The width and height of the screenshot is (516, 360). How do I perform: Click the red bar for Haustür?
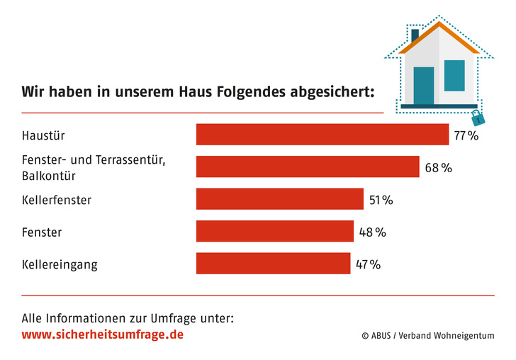(x=322, y=134)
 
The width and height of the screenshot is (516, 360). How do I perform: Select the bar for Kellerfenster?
(x=279, y=199)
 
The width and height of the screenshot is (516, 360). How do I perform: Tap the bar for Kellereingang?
(x=273, y=264)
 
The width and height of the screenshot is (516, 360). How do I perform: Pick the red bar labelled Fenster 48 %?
(x=274, y=231)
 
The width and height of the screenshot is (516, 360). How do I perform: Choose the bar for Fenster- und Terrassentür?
(x=308, y=167)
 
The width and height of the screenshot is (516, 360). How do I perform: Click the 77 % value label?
(x=466, y=135)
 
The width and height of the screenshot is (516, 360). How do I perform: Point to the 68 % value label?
(x=438, y=167)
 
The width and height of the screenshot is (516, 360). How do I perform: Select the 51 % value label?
(x=381, y=200)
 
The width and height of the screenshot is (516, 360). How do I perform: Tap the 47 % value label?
(x=368, y=264)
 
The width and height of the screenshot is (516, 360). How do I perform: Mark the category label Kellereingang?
(x=60, y=265)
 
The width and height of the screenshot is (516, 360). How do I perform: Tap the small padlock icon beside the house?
(x=477, y=116)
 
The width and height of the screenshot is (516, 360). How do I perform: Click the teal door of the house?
(x=423, y=85)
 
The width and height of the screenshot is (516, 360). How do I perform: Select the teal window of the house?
(x=454, y=75)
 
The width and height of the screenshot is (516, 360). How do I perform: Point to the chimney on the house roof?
(x=415, y=34)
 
